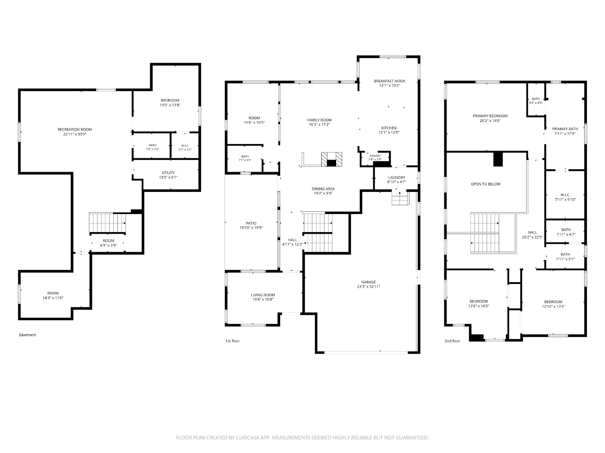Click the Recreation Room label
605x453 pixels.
75,129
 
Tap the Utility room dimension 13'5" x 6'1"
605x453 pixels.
168,177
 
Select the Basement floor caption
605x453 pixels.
27,335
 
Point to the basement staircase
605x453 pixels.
107,223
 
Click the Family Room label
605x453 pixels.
319,120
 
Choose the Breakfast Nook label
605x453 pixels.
389,81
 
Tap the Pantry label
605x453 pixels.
375,156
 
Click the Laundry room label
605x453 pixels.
397,177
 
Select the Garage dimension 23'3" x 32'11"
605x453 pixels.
369,287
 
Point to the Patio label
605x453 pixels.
251,223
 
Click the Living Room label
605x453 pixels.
263,295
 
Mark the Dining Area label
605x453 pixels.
323,189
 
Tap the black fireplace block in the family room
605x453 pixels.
331,163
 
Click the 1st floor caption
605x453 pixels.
232,341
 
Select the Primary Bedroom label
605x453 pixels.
490,116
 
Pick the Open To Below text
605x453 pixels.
486,184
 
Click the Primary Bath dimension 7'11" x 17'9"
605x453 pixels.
565,134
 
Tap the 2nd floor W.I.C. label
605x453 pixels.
565,195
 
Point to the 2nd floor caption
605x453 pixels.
452,341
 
